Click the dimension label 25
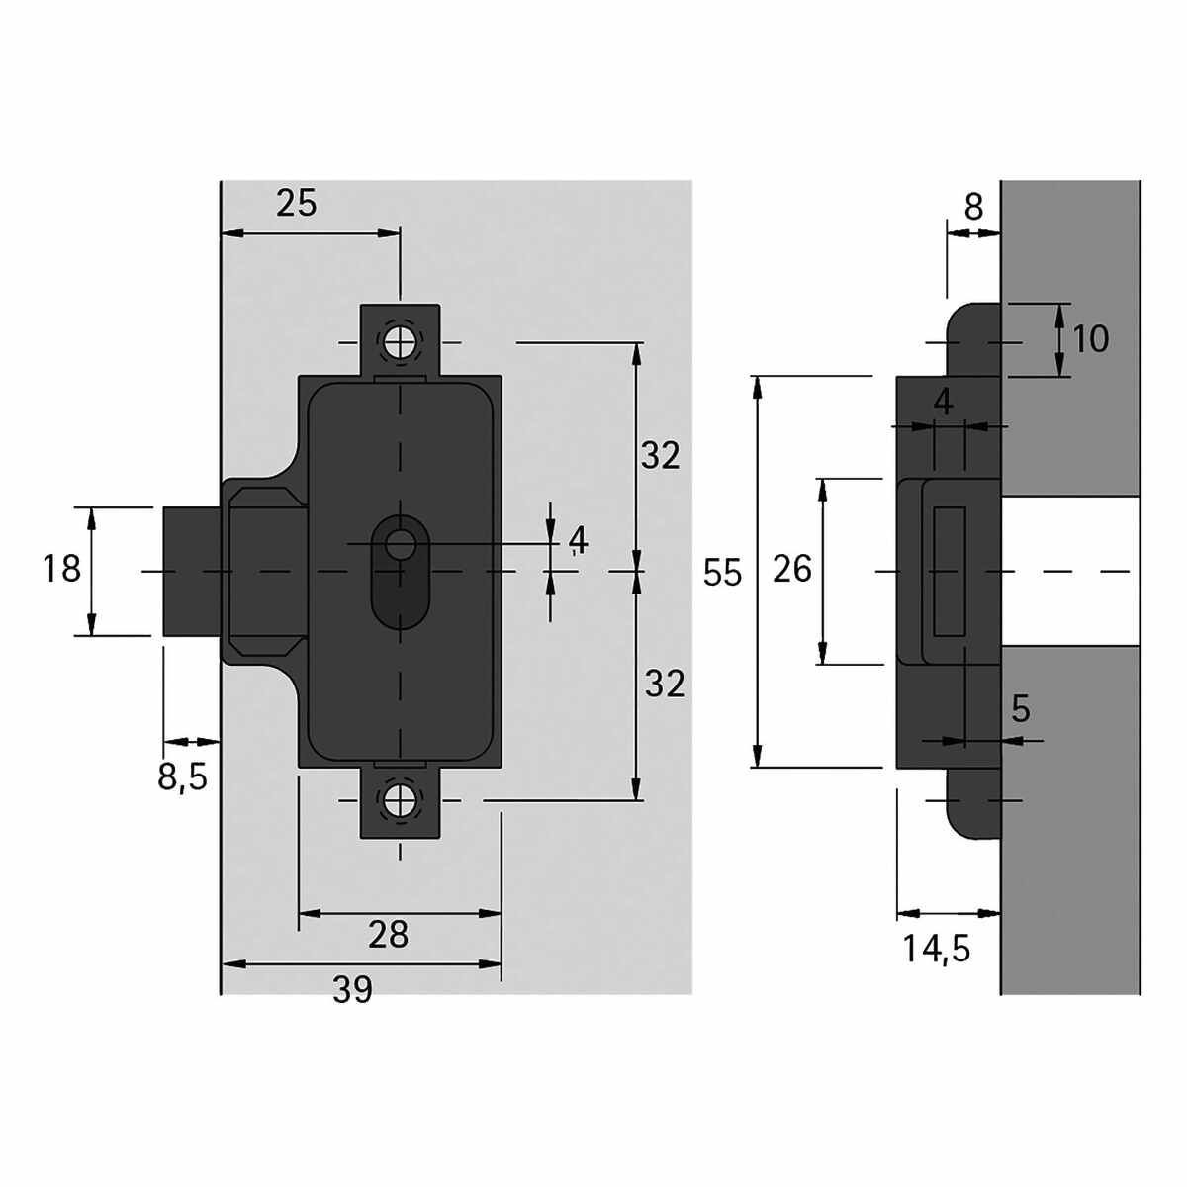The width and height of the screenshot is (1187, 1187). point(297,203)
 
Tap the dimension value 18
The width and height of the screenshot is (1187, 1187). point(61,569)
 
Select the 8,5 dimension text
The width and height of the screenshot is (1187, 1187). point(182,778)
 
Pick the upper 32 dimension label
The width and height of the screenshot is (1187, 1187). point(661,456)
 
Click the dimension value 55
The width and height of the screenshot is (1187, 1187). point(722,574)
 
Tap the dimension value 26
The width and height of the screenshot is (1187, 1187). point(792,569)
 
